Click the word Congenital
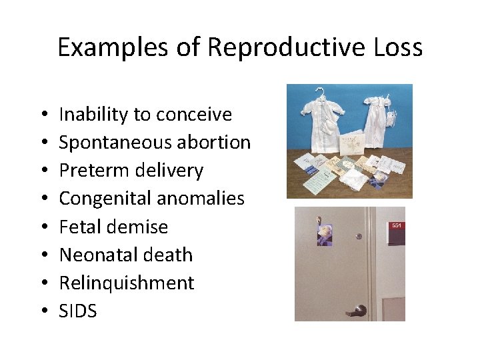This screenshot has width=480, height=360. pyautogui.click(x=107, y=199)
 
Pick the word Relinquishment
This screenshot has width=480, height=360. pyautogui.click(x=127, y=283)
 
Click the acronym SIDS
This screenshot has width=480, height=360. pyautogui.click(x=78, y=311)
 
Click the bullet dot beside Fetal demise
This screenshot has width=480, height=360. pyautogui.click(x=43, y=227)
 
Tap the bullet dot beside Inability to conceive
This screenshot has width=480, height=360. pyautogui.click(x=43, y=115)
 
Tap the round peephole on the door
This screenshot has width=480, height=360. pyautogui.click(x=359, y=235)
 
